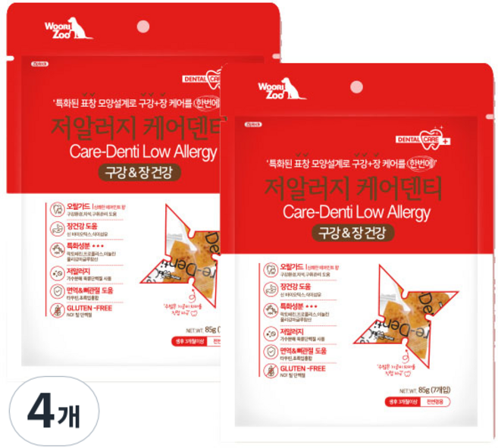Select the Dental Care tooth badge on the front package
(433, 136)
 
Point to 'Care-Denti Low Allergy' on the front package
(355, 210)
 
